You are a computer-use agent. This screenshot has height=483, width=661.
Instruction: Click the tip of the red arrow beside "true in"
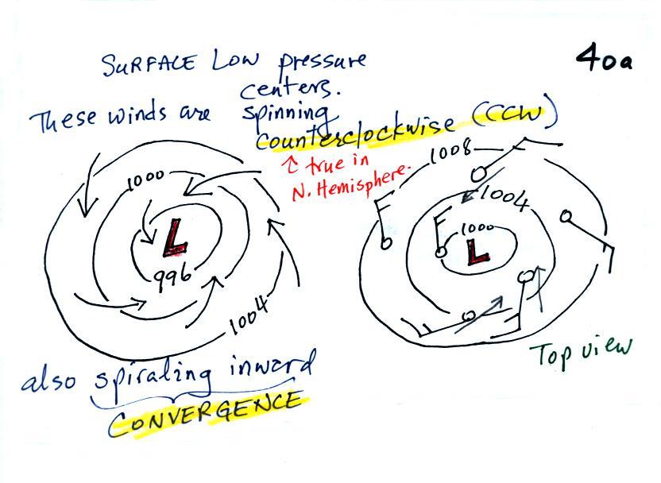coord(292,157)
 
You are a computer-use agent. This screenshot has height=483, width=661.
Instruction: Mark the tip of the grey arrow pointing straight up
coord(539,267)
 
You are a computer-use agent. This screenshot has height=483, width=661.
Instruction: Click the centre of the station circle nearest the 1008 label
coord(478,174)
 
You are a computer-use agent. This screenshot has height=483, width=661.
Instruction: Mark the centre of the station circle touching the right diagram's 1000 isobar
coord(440,252)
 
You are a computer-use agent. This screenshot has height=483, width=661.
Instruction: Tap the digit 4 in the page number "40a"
coord(588,58)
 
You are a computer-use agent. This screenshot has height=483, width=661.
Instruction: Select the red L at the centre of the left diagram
coord(175,238)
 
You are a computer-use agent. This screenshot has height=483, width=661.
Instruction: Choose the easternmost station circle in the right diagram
coord(566,216)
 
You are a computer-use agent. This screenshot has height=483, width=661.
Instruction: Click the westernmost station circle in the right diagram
coord(385,242)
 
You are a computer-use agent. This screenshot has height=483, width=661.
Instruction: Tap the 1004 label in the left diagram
coord(249,315)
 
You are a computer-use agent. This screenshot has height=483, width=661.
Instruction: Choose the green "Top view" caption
coord(581,354)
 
